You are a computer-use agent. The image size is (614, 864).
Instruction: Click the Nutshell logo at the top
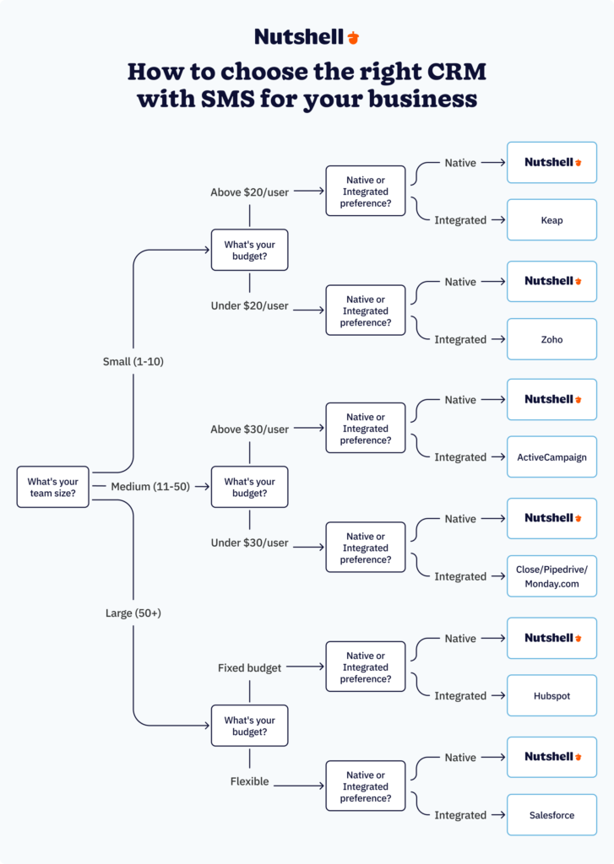(307, 36)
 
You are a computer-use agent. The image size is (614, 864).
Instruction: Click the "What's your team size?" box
(52, 488)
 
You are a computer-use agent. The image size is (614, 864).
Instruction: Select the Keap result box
(552, 220)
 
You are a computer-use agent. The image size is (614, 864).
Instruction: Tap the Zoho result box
(552, 339)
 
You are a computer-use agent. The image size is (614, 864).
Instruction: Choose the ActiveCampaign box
(552, 457)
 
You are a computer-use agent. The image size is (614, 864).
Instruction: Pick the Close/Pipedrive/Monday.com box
(552, 576)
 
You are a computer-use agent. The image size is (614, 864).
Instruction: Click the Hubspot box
(552, 696)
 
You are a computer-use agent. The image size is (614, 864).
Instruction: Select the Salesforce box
(552, 815)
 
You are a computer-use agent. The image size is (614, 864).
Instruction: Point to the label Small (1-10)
(133, 361)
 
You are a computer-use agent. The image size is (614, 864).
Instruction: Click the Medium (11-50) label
(150, 487)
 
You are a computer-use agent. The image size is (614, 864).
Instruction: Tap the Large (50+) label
(133, 613)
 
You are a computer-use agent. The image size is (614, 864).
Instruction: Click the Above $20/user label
(249, 192)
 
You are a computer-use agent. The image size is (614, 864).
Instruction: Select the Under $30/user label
(249, 543)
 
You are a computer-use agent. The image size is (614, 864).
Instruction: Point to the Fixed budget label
(249, 667)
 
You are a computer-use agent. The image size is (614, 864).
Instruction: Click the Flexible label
(249, 781)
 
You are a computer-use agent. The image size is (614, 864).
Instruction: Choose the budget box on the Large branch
(249, 726)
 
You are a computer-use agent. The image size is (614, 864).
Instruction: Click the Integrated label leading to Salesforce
(460, 815)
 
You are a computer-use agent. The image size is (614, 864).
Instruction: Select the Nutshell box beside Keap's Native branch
(552, 162)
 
